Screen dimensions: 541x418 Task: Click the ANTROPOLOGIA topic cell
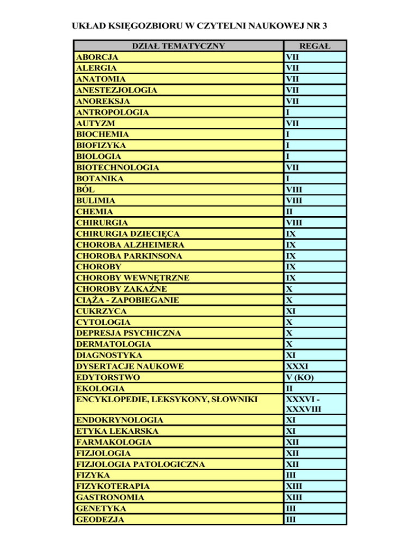coord(113,112)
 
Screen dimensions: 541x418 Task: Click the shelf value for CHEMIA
coord(290,212)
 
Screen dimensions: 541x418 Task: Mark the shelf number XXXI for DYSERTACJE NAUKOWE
coord(297,366)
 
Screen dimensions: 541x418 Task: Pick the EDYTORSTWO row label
coord(108,377)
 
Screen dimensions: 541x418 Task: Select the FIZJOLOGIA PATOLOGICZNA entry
coord(140,464)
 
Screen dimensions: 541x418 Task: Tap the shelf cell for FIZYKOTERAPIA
coord(294,486)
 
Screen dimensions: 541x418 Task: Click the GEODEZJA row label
coord(100,519)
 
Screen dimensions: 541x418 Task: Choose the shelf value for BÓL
coord(294,189)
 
